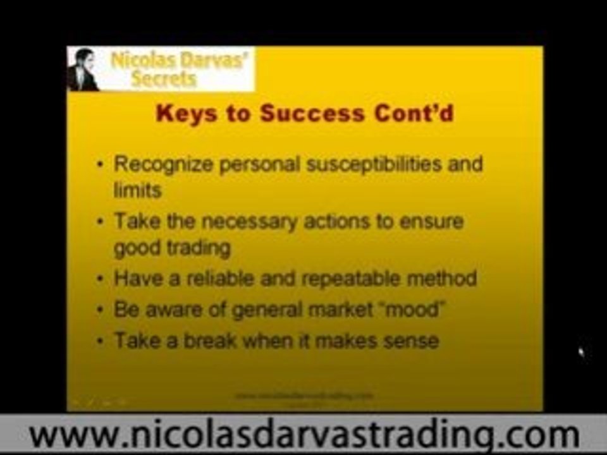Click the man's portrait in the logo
(83, 70)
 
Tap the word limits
(137, 190)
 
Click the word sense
(410, 341)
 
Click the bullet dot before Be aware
(101, 310)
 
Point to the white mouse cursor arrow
(582, 351)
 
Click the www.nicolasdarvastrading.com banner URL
(303, 435)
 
